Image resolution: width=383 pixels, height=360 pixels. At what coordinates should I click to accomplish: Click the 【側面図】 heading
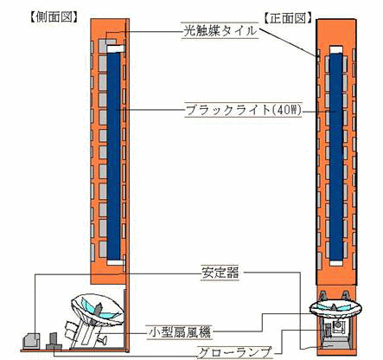coord(54,17)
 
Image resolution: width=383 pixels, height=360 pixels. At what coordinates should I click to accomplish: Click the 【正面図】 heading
coord(288,18)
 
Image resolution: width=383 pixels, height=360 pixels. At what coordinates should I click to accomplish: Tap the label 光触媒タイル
coord(220,31)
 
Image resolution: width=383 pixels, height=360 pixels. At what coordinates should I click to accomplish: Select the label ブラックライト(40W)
coord(244,110)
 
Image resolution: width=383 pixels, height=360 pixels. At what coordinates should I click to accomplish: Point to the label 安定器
coord(220,273)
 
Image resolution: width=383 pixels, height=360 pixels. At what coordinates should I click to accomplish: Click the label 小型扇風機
coord(179,332)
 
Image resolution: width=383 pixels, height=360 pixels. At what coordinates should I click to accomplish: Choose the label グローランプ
coord(235,352)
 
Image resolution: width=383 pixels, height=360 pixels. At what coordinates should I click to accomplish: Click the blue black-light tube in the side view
coord(113,156)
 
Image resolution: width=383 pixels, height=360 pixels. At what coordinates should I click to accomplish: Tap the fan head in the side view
coord(98,310)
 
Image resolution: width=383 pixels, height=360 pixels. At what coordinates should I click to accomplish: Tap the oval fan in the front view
coord(335,309)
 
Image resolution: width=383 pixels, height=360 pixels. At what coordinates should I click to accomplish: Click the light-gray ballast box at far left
coord(31,341)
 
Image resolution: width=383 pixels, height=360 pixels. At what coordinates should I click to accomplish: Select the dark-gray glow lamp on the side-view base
coord(54,342)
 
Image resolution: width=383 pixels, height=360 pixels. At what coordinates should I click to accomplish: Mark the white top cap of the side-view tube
coord(115,48)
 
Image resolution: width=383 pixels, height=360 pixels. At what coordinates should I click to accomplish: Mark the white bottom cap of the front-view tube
coord(336,263)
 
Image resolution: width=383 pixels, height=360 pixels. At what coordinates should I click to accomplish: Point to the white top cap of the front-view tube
coord(336,50)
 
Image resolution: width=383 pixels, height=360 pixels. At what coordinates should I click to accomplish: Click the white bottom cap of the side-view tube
coord(115,262)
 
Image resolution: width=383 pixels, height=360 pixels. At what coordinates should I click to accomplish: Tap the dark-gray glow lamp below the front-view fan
coord(328,330)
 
